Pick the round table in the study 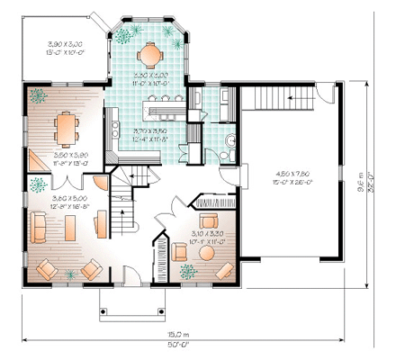pyautogui.click(x=206, y=254)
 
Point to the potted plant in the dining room pyautogui.click(x=38, y=94)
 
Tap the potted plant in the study pyautogui.click(x=187, y=270)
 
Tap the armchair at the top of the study pyautogui.click(x=210, y=220)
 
